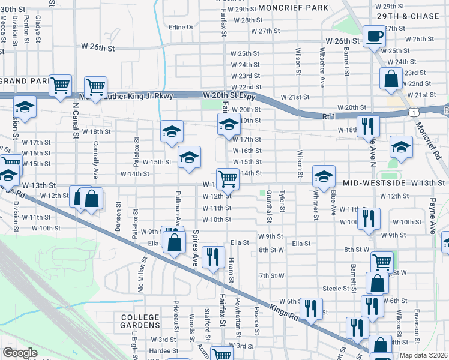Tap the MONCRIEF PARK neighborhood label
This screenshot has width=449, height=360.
pyautogui.click(x=294, y=8)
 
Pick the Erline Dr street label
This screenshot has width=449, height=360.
pyautogui.click(x=181, y=27)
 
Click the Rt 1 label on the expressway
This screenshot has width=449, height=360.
pyautogui.click(x=328, y=116)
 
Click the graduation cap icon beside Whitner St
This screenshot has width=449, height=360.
pyautogui.click(x=324, y=176)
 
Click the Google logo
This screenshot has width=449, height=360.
pyautogui.click(x=20, y=353)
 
